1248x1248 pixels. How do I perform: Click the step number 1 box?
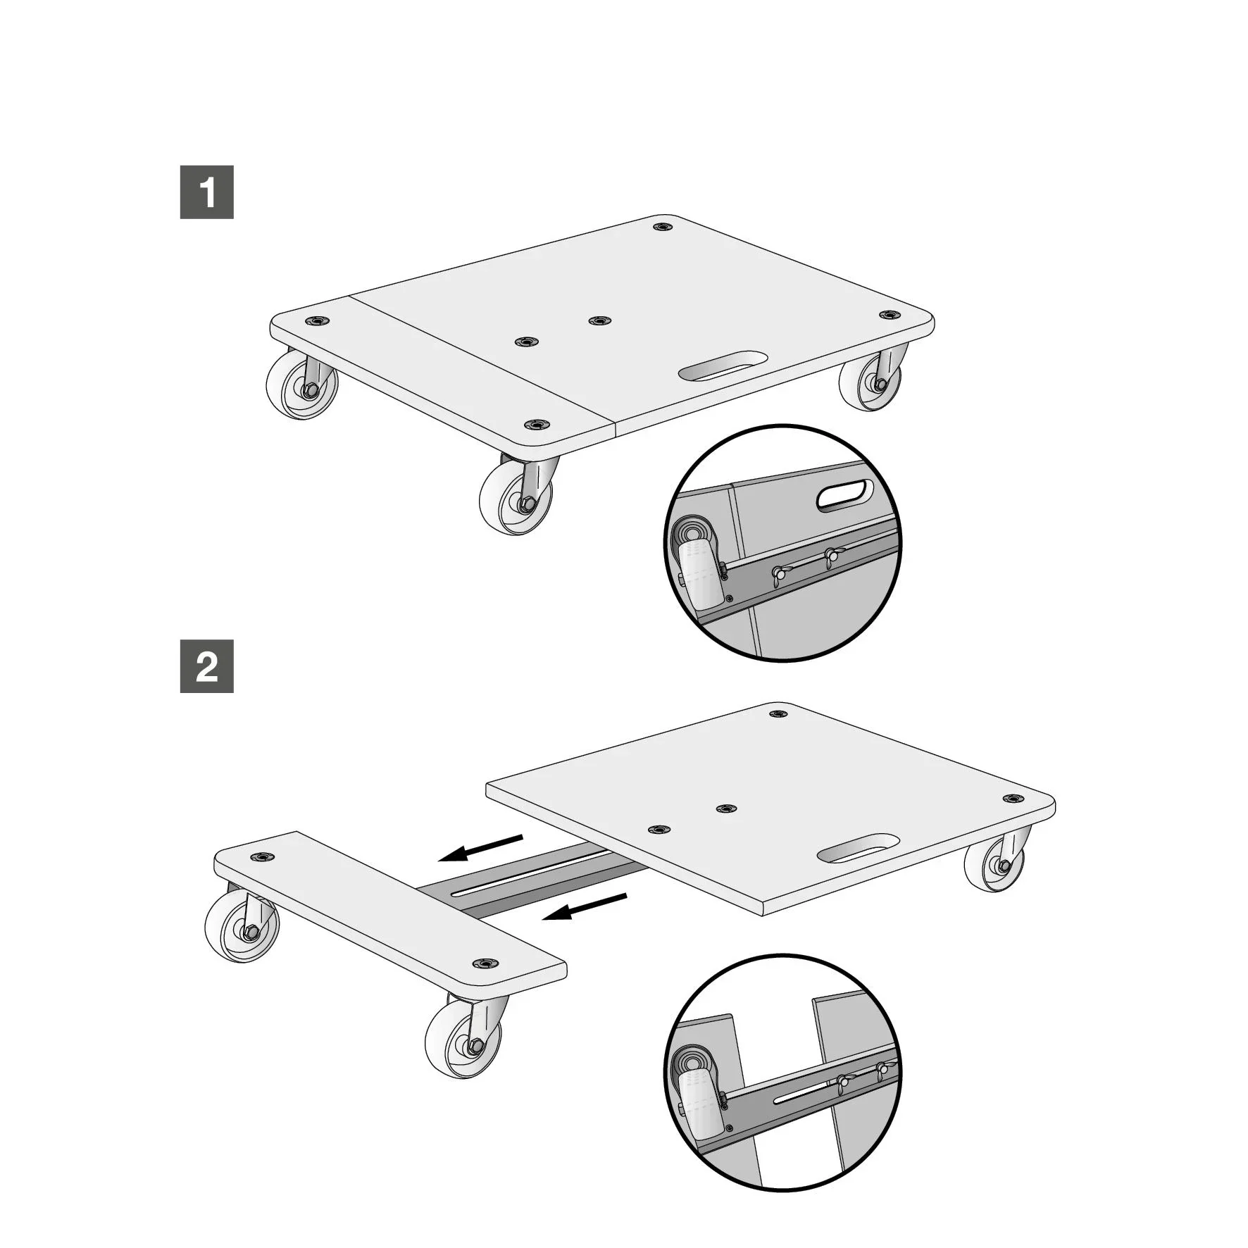tap(206, 192)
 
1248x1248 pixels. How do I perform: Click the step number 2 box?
tap(206, 666)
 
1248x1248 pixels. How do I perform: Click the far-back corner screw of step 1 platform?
tap(661, 227)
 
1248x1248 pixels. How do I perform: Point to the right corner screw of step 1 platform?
tap(890, 315)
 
